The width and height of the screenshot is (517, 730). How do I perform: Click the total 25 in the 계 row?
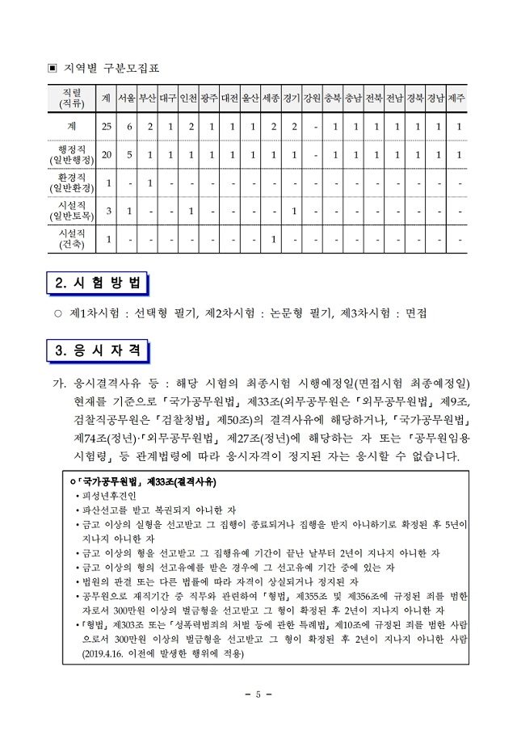coord(107,126)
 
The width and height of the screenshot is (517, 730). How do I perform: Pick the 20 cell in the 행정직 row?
coord(107,153)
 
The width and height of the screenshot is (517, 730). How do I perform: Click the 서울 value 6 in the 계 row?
coord(128,126)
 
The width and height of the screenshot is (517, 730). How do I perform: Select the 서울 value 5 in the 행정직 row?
coord(128,153)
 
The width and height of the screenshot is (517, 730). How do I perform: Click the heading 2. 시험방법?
coord(98,283)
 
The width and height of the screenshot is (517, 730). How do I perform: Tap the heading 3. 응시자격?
coord(98,351)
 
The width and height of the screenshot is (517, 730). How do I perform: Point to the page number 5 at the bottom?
coord(258,694)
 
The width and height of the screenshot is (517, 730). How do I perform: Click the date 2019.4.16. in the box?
coord(109,653)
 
